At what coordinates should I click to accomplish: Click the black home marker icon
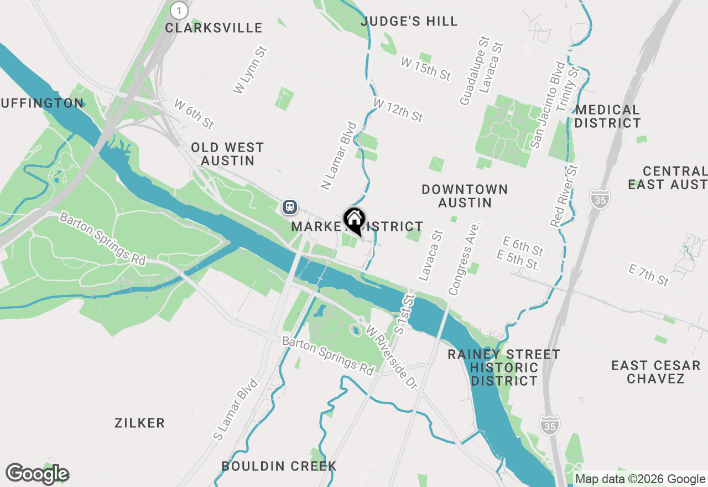tap(354, 220)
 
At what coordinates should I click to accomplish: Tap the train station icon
tap(289, 207)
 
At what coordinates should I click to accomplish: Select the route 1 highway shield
tap(179, 10)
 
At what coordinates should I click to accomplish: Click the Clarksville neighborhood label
tap(214, 28)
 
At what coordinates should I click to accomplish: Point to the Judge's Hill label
tap(409, 22)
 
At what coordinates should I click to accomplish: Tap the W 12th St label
tap(398, 110)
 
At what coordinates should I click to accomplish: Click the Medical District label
tap(607, 116)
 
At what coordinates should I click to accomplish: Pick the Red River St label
tap(564, 195)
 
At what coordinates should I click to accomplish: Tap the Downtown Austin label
tap(465, 196)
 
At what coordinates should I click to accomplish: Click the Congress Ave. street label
tap(464, 258)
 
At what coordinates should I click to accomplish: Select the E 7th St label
tap(649, 275)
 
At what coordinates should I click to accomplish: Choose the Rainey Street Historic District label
tap(504, 367)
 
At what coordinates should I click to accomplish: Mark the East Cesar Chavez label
tap(656, 372)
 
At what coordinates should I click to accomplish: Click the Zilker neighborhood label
tap(139, 423)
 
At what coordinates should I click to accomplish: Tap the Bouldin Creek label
tap(279, 466)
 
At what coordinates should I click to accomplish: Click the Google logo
tap(37, 474)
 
